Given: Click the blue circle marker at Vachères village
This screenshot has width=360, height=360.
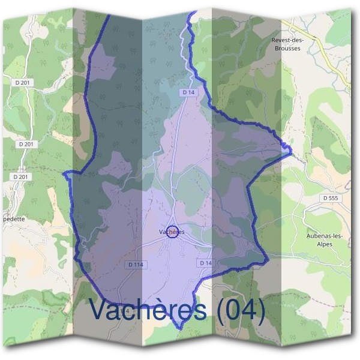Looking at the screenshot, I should point(172,232).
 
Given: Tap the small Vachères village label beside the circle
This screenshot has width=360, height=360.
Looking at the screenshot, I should point(172,232).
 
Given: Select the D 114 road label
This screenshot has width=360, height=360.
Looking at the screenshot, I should point(137,265).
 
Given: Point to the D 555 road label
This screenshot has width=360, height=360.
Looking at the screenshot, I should point(330,197).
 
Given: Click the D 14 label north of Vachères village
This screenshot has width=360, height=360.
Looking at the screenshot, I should point(188,92).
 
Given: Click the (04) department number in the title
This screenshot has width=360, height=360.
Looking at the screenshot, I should point(241,310).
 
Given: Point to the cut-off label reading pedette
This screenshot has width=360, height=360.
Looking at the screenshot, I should point(13,219).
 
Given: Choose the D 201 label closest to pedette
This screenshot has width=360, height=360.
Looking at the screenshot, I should point(20,177).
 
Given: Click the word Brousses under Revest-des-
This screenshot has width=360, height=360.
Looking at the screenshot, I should point(289,48).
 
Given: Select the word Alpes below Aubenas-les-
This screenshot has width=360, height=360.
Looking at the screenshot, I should point(328,244).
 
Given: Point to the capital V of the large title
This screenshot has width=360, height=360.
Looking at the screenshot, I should point(100,310).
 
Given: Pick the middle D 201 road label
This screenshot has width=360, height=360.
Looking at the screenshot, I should point(26,145).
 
